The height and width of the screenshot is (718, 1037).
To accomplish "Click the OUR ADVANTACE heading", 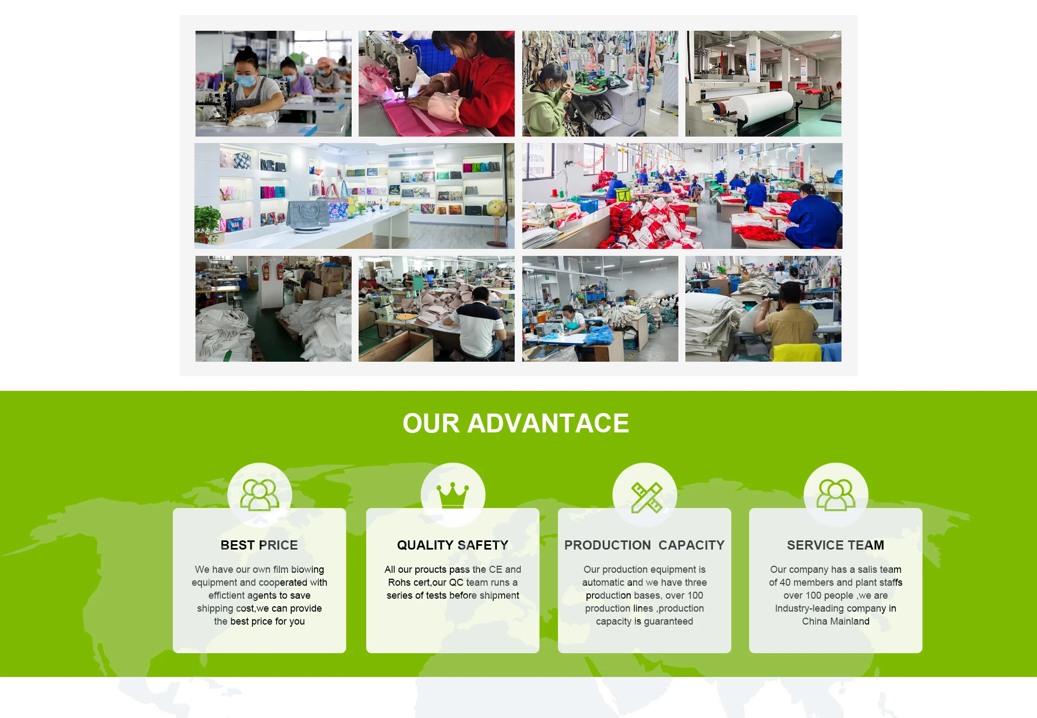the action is coord(516,423).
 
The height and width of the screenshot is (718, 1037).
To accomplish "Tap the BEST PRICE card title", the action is coord(259,545).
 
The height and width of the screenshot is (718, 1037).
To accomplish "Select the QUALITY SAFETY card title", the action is coord(453,545).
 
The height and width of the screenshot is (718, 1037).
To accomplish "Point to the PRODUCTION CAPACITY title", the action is coord(644,545).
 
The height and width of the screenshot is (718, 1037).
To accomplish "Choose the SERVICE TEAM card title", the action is coord(836,545).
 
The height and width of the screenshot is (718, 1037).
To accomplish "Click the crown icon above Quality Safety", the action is coord(453,495).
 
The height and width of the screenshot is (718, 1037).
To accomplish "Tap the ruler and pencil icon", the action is coord(647,497).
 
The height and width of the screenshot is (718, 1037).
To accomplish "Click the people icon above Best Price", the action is coord(260,495).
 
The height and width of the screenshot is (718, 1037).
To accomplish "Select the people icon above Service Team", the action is coord(836,495).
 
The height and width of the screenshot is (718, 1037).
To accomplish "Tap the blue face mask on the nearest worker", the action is coord(246,80).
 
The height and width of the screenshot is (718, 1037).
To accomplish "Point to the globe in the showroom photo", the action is coord(496,208).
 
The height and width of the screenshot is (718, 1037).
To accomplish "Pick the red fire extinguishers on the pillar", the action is coord(273,270).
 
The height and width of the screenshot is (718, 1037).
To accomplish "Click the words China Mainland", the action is coord(836,621).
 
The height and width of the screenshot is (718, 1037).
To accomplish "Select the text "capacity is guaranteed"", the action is coord(644,621).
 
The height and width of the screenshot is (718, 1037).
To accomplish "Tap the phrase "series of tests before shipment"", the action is coord(453,595).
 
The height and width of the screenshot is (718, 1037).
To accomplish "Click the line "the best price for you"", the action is coord(259,621).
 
